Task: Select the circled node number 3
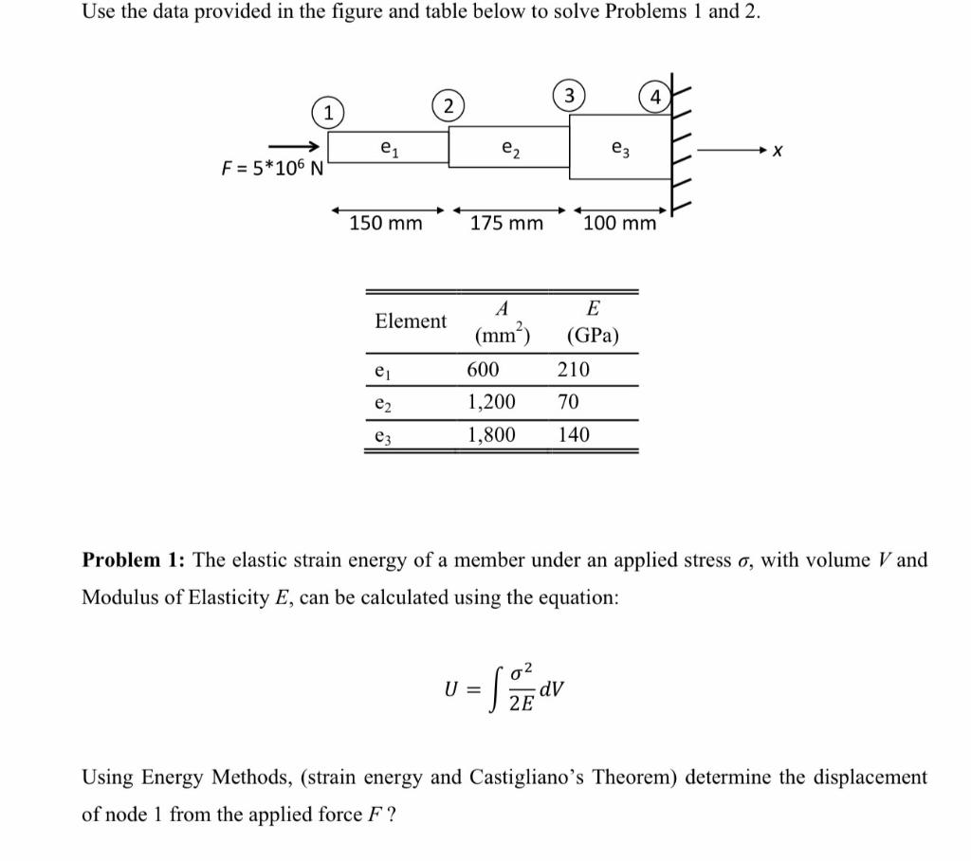(x=568, y=95)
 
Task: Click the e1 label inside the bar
(x=388, y=147)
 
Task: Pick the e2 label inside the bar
(x=509, y=147)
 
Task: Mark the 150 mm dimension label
(x=386, y=224)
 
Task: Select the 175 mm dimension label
(x=507, y=224)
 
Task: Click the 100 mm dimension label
(x=620, y=224)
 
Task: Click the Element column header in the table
(x=411, y=321)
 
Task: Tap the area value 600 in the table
(x=484, y=370)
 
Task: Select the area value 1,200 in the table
(x=491, y=402)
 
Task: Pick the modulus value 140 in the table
(x=574, y=434)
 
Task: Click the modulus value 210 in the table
(x=574, y=370)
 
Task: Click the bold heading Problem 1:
(x=135, y=559)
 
